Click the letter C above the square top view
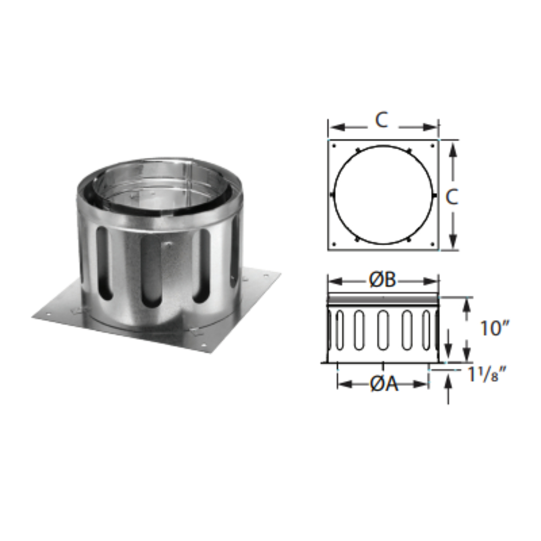(382, 121)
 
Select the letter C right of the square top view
(452, 198)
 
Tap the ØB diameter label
(383, 280)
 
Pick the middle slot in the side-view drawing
(383, 330)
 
